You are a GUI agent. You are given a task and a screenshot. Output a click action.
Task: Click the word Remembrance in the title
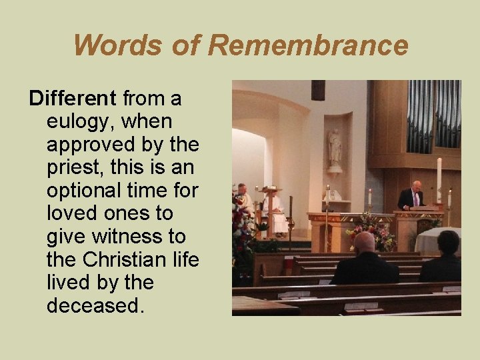pos(307,46)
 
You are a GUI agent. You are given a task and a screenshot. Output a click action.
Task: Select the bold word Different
pos(73,99)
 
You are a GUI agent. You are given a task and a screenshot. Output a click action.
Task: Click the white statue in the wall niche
pos(335,148)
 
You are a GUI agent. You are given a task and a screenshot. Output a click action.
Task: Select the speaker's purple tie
pos(415,198)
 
